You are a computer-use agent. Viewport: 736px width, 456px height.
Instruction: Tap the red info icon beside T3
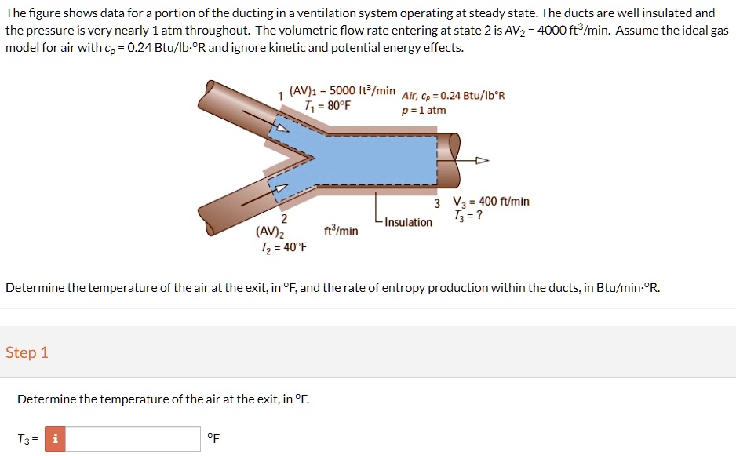tap(55, 440)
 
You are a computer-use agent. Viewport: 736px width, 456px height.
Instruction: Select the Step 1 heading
tap(27, 352)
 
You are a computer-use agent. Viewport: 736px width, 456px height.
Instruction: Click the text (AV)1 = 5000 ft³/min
tap(342, 90)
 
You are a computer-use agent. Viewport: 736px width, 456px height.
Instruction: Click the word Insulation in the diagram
tap(408, 222)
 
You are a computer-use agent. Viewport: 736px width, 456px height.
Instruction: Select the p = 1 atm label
tap(424, 110)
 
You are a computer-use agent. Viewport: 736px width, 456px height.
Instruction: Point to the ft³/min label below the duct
tap(341, 232)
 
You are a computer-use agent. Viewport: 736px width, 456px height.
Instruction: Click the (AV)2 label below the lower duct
tap(270, 232)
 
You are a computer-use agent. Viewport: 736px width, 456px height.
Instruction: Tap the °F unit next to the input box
tap(213, 439)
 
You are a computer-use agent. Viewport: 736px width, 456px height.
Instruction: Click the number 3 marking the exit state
tap(436, 203)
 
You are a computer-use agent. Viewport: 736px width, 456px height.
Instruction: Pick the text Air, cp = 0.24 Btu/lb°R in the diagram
tap(454, 96)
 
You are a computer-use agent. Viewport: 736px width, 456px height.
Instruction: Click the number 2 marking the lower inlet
tap(284, 218)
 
